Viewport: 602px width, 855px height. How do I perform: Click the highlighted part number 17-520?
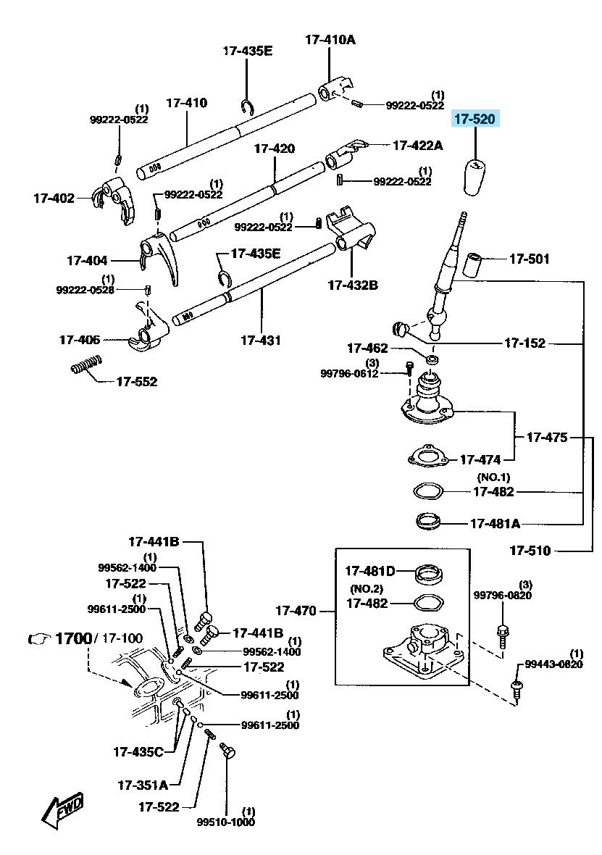475,119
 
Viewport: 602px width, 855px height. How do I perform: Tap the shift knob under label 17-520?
475,177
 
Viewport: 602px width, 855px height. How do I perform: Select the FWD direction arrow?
62,809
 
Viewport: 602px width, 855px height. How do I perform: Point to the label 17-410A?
330,40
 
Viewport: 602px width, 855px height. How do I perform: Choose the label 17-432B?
352,285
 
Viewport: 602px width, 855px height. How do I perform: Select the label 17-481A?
495,523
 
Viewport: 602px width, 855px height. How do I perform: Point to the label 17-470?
296,611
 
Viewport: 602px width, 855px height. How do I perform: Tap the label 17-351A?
142,785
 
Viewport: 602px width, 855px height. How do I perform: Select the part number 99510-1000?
226,822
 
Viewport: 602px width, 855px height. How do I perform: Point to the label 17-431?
261,339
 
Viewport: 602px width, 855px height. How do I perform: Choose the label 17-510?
530,551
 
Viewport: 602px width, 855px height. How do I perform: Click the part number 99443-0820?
553,664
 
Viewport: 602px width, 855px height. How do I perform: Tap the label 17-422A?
418,146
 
